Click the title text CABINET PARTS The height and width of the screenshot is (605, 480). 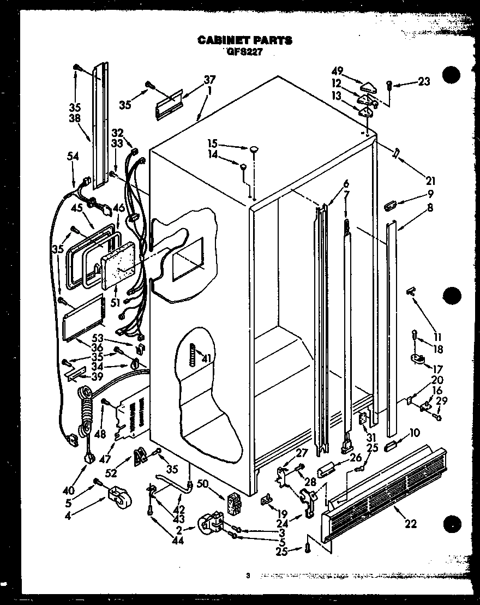pos(244,40)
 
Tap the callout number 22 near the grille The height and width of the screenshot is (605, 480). pos(410,524)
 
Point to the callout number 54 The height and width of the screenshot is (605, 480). pos(73,157)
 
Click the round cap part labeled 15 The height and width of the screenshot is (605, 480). pos(255,148)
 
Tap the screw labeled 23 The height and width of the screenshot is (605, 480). pos(389,85)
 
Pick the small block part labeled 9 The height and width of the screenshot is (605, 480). pos(391,206)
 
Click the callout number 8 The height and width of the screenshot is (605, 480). pos(430,207)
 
